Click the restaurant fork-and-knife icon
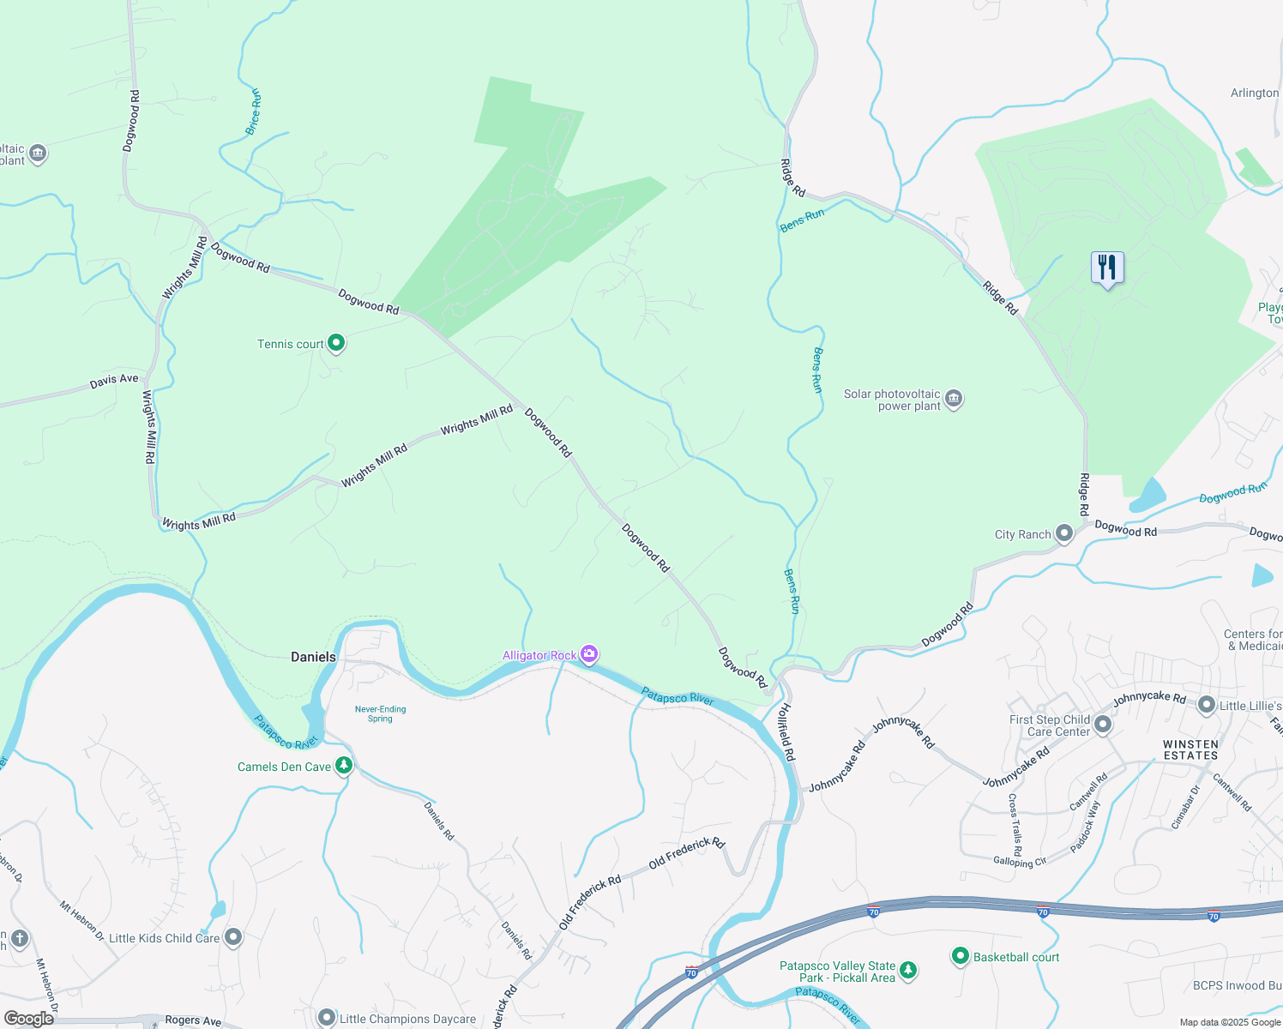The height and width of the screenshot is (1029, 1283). (1107, 268)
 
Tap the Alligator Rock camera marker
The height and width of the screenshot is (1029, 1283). (589, 655)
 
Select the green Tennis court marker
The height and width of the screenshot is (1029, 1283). (336, 344)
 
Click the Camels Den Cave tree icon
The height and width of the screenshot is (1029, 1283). (344, 765)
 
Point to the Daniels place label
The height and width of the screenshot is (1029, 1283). (313, 657)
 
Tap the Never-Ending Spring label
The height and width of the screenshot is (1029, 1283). (380, 713)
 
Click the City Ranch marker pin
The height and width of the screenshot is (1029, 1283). (1064, 533)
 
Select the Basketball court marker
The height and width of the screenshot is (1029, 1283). (961, 956)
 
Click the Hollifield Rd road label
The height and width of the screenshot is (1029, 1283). (786, 731)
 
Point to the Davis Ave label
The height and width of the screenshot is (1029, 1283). (114, 381)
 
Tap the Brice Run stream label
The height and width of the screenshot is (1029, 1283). (253, 111)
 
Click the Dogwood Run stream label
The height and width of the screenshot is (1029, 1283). (1232, 493)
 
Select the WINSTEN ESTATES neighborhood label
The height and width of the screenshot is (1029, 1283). (1190, 749)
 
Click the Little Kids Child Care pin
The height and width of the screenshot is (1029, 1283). (232, 936)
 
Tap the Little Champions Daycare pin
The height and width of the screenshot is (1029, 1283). (326, 1018)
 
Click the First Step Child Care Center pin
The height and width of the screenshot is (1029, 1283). (1103, 725)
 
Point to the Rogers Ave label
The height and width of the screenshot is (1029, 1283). (193, 1020)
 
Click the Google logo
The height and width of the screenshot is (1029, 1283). (29, 1019)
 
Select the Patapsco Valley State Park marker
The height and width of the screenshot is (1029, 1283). (908, 971)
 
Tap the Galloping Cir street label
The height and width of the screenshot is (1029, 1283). (1019, 861)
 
